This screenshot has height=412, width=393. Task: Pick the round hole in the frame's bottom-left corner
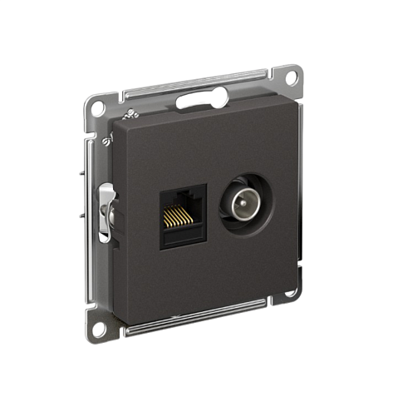(x=99, y=321)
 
